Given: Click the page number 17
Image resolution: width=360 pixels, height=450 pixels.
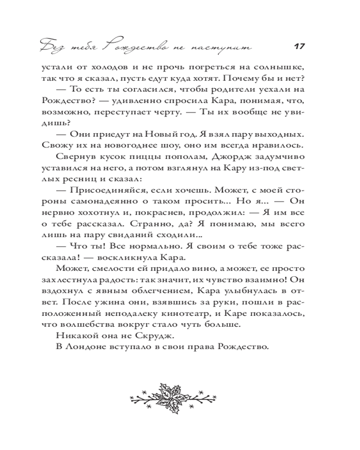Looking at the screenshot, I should tap(299, 46).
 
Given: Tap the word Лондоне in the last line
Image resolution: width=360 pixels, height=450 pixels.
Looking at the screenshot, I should tap(84, 347).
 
